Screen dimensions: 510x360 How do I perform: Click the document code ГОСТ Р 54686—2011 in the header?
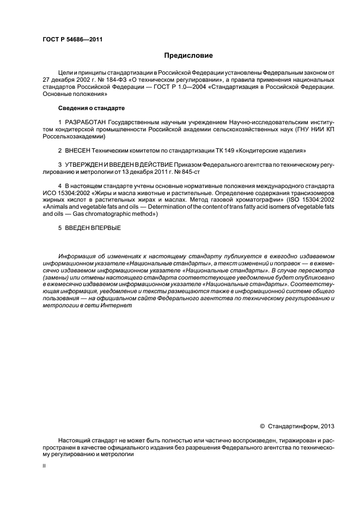pyautogui.click(x=72, y=40)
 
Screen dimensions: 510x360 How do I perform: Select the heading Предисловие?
pyautogui.click(x=189, y=56)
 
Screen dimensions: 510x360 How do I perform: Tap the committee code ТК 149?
pyautogui.click(x=210, y=149)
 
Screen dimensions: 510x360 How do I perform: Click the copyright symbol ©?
pyautogui.click(x=262, y=426)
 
